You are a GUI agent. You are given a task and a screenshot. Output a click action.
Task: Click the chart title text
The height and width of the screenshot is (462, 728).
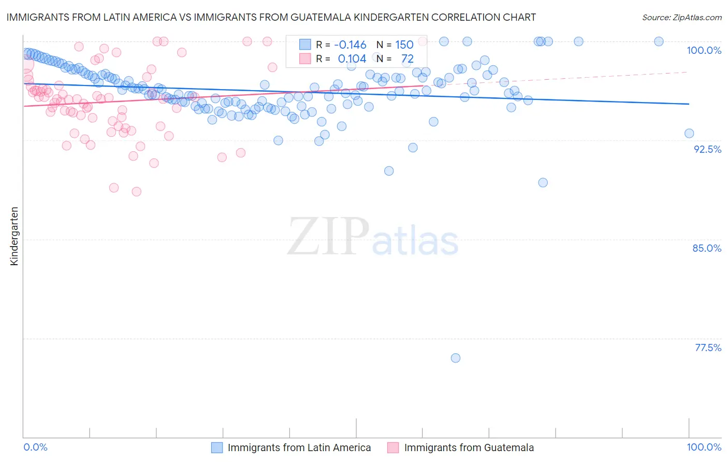(271, 17)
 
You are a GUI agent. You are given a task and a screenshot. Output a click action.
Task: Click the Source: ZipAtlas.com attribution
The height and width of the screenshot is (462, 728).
(681, 17)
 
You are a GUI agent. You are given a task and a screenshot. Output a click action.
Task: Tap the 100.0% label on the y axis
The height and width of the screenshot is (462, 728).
(704, 50)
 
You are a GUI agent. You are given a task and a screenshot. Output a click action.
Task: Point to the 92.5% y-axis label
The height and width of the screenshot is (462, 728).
(707, 149)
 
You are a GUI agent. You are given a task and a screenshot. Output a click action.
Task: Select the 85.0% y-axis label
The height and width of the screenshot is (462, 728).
(707, 248)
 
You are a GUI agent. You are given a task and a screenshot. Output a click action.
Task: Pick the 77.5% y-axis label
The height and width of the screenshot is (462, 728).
(708, 348)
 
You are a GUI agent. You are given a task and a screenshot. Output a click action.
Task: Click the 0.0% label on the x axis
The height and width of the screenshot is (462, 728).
(35, 447)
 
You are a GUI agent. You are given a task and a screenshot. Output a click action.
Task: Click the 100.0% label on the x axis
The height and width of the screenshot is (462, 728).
(704, 447)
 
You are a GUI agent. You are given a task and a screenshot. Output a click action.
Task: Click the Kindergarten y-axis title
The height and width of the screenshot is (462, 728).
(14, 236)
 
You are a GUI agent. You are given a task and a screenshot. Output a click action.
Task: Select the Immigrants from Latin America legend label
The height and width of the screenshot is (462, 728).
(299, 447)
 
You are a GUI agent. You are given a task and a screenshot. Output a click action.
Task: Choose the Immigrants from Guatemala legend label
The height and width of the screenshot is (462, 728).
(469, 447)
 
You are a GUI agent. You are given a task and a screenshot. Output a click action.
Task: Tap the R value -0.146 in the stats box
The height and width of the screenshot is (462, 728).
(350, 45)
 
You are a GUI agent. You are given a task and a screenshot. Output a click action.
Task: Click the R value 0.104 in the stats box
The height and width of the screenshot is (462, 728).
(352, 59)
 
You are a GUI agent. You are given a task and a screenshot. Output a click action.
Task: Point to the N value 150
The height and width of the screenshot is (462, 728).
(404, 45)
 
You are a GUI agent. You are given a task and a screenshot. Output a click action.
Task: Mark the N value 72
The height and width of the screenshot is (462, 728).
(407, 59)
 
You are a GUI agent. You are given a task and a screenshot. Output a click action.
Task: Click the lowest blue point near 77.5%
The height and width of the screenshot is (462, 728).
(456, 358)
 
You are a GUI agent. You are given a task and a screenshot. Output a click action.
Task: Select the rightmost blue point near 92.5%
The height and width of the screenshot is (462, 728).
(689, 134)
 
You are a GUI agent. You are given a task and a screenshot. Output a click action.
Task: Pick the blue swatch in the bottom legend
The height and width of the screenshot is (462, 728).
(217, 447)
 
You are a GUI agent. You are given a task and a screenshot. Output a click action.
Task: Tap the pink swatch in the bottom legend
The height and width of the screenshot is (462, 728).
(394, 447)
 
